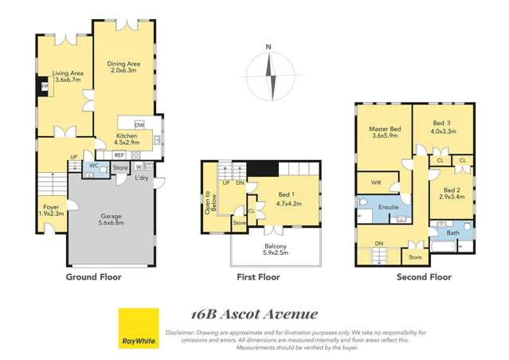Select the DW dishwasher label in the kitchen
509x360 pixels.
pos(139,125)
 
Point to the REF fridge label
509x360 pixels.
pos(119,155)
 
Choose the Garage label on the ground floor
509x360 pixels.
pos(111,215)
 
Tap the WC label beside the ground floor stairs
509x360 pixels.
pos(93,166)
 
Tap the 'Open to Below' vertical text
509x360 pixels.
pos(209,204)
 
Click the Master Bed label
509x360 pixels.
pos(385,129)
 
